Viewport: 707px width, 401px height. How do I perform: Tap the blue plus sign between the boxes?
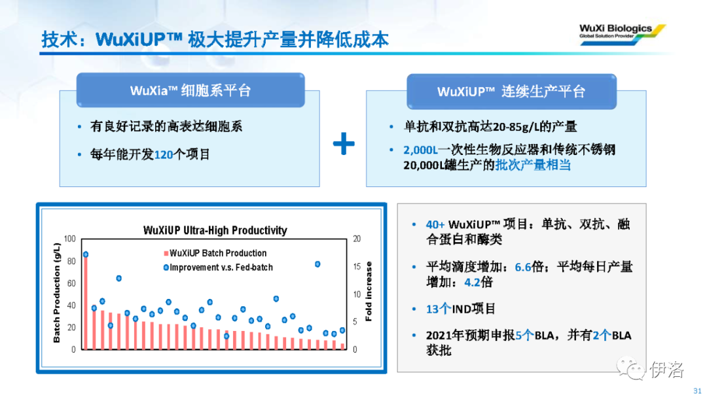coord(344,144)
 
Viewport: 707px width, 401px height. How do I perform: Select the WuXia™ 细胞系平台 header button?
coord(190,90)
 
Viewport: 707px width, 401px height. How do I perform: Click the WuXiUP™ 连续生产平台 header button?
coord(511,92)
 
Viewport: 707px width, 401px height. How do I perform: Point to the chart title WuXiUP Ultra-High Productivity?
coord(215,230)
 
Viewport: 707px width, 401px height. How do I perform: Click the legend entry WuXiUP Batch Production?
coord(215,253)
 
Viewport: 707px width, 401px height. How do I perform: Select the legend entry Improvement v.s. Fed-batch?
coord(218,267)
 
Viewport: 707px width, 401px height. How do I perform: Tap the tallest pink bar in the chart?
coord(86,302)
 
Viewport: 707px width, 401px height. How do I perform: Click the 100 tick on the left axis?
coord(70,239)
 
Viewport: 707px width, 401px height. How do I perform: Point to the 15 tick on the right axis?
coord(357,266)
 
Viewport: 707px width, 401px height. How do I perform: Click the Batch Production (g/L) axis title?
coord(57,293)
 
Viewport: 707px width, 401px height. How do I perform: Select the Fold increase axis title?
coord(369,291)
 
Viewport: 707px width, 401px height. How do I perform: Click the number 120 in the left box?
coord(164,155)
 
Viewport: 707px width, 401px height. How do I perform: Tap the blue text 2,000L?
coord(420,150)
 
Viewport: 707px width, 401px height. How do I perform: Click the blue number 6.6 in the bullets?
coord(523,267)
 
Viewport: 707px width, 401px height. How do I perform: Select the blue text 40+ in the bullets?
coord(435,224)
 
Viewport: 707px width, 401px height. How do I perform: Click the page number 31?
coord(697,391)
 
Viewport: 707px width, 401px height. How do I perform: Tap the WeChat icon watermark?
coord(631,368)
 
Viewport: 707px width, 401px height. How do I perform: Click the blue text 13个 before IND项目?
coord(438,309)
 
